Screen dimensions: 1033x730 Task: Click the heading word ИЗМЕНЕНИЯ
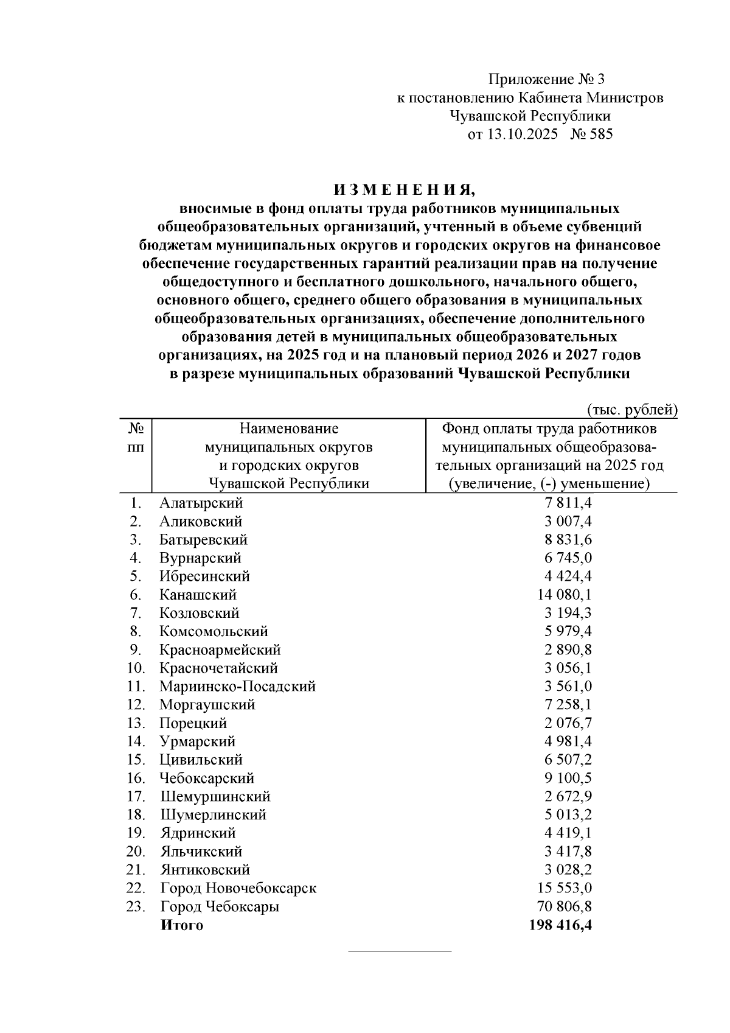pyautogui.click(x=400, y=189)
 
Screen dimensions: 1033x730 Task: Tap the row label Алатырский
pyautogui.click(x=201, y=503)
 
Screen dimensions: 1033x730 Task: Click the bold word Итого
pyautogui.click(x=182, y=925)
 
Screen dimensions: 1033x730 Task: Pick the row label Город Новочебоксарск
pyautogui.click(x=238, y=888)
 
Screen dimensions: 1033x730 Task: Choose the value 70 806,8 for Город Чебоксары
pyautogui.click(x=564, y=906)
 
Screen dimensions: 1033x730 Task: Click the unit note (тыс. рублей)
pyautogui.click(x=632, y=410)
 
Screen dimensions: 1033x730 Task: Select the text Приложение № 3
pyautogui.click(x=547, y=79)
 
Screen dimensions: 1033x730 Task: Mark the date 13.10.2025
pyautogui.click(x=521, y=135)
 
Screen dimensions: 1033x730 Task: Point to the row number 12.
pyautogui.click(x=136, y=705)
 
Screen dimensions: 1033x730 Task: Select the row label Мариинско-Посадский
pyautogui.click(x=237, y=687)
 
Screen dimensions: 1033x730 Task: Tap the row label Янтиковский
pyautogui.click(x=205, y=870)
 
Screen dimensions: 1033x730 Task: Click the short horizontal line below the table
pyautogui.click(x=399, y=951)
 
